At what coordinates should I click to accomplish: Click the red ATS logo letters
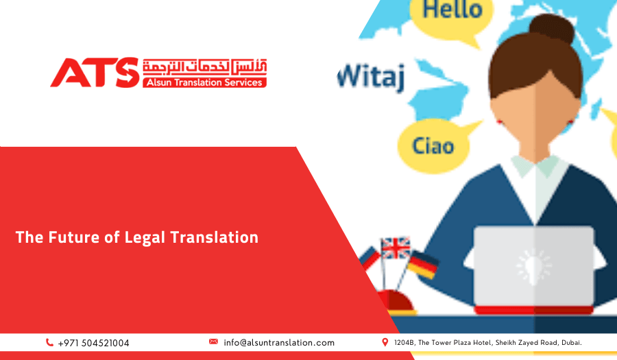[x=95, y=72]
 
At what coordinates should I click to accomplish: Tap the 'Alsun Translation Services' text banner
[x=204, y=82]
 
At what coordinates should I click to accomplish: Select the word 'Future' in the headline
[x=71, y=237]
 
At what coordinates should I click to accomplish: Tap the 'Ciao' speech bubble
[x=433, y=145]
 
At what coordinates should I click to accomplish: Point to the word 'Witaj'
[x=371, y=76]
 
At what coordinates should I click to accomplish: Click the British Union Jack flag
[x=396, y=248]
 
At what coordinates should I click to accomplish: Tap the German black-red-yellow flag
[x=422, y=264]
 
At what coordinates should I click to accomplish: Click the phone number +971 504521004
[x=93, y=343]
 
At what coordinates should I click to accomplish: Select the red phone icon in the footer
[x=49, y=342]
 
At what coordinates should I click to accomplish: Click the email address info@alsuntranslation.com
[x=279, y=342]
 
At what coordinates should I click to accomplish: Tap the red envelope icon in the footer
[x=213, y=341]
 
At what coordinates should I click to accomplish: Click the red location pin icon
[x=385, y=341]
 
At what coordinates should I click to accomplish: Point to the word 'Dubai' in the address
[x=570, y=342]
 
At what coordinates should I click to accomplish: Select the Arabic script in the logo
[x=204, y=67]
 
